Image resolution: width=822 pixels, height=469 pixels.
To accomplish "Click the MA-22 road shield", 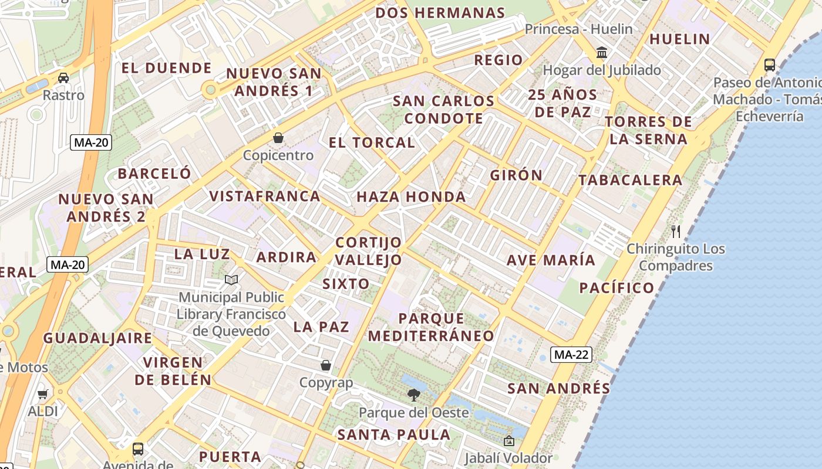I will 571,354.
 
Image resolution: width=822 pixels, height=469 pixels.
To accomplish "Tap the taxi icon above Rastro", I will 63,77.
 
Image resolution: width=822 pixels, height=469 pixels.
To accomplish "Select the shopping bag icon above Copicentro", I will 278,138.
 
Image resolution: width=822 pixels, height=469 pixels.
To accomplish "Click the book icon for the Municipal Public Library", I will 232,280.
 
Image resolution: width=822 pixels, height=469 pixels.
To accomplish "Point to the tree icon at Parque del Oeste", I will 414,395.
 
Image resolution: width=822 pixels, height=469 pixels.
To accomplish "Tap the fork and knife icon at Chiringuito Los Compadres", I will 676,231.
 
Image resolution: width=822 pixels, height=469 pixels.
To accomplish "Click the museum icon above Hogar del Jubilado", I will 602,53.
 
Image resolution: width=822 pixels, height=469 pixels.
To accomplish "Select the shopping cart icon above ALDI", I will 42,394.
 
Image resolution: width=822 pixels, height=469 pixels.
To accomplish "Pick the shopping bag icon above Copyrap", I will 326,366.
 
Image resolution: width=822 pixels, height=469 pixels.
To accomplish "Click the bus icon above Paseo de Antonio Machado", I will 769,64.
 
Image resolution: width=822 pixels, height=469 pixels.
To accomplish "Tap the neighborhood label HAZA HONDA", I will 411,197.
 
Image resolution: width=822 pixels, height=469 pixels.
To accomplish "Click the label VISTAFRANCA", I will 265,196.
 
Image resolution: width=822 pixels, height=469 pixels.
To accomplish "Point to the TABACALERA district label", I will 631,180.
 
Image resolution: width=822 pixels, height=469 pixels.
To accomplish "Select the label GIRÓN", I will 517,175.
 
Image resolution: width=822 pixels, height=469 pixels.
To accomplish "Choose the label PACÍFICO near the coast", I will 616,288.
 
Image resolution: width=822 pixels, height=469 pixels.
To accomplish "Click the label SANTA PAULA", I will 394,435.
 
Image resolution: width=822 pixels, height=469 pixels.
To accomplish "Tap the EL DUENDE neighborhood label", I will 166,68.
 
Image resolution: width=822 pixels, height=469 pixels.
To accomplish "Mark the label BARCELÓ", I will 154,174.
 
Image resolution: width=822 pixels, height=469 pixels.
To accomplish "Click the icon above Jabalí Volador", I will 508,441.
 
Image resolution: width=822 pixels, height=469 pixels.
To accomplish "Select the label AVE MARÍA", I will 551,260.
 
